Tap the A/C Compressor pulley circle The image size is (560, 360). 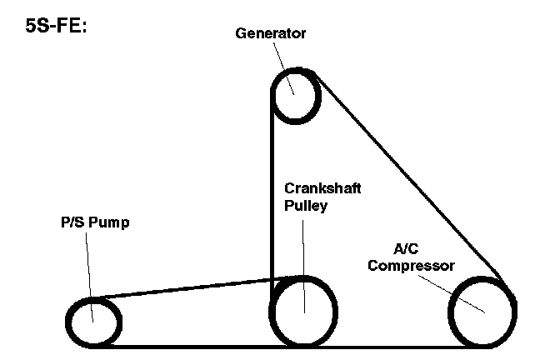tap(482, 312)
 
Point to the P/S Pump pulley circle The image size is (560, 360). tap(92, 320)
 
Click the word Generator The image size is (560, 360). tap(271, 34)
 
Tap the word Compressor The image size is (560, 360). tap(412, 266)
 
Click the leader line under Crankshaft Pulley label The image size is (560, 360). tap(303, 258)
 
